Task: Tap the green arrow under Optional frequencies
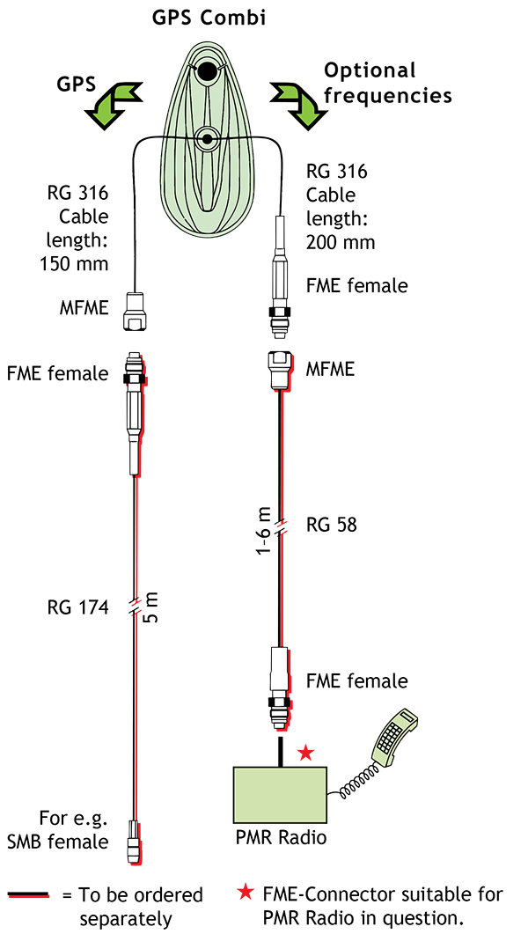pyautogui.click(x=296, y=104)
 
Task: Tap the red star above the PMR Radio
pyautogui.click(x=305, y=753)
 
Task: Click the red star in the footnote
pyautogui.click(x=246, y=894)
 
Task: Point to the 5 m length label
pyautogui.click(x=150, y=608)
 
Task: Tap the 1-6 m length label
pyautogui.click(x=263, y=527)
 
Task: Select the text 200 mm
pyautogui.click(x=340, y=242)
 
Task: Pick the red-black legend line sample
pyautogui.click(x=29, y=895)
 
